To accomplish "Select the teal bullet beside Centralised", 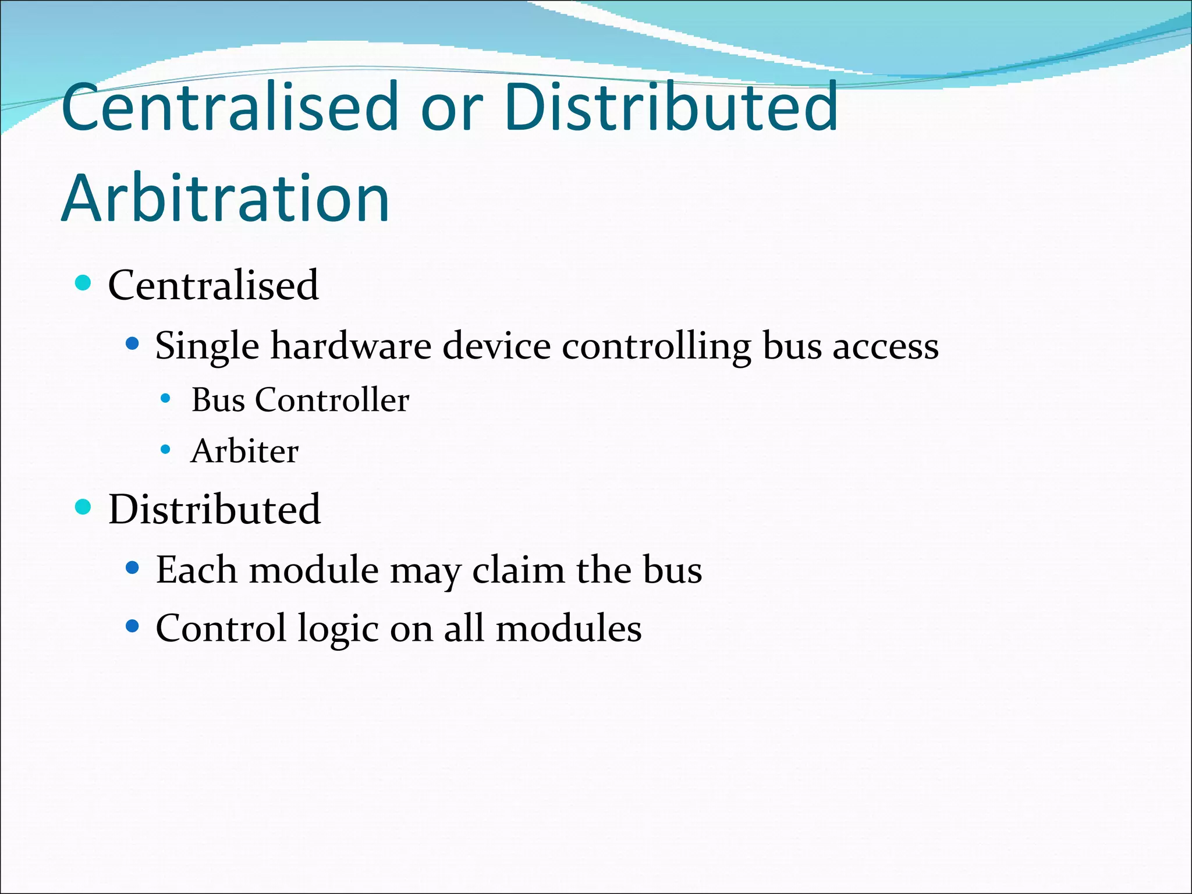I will [84, 283].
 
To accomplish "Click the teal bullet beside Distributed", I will [84, 507].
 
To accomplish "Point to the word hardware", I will [351, 346].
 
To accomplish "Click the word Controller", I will [332, 400].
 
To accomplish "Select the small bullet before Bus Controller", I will [166, 399].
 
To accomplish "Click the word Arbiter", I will [244, 451].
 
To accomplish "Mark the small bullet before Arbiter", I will [166, 450].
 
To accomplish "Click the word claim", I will [518, 570].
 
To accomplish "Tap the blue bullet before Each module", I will [133, 567].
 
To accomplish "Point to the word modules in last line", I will [568, 629].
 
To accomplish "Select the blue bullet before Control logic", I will [133, 627].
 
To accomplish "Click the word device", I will [496, 346].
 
